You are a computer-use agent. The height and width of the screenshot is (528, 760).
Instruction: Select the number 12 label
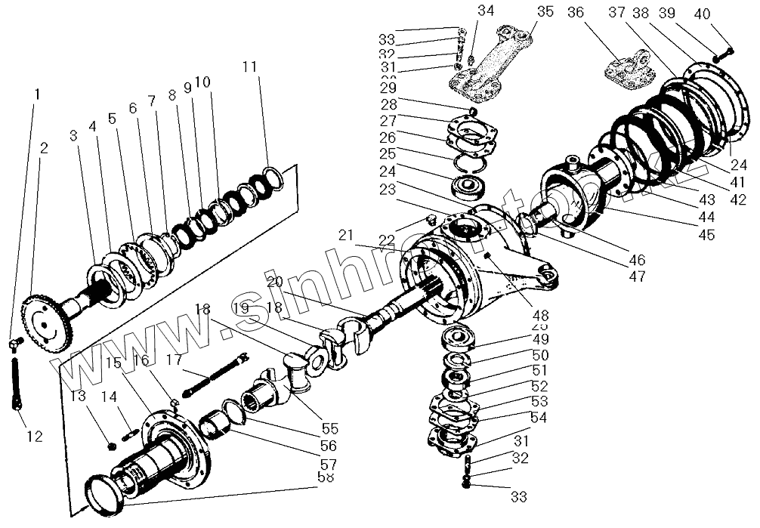[34, 437]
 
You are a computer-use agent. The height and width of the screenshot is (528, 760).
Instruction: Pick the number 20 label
[274, 280]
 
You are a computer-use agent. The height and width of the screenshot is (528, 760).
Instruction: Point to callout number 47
[636, 277]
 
